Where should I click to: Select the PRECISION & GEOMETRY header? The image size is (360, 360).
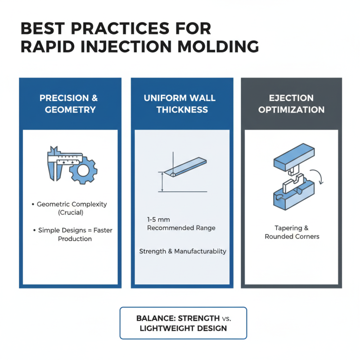coord(70,103)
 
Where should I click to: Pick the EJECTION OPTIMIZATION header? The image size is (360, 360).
coord(291,103)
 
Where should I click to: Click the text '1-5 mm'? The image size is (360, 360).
coord(155,220)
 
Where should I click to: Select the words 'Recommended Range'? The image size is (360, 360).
coord(181,228)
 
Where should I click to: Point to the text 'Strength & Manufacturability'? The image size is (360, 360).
coord(183,251)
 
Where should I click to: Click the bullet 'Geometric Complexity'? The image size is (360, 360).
coord(72,204)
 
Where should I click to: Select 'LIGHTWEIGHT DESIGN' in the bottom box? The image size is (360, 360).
coord(183,328)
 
